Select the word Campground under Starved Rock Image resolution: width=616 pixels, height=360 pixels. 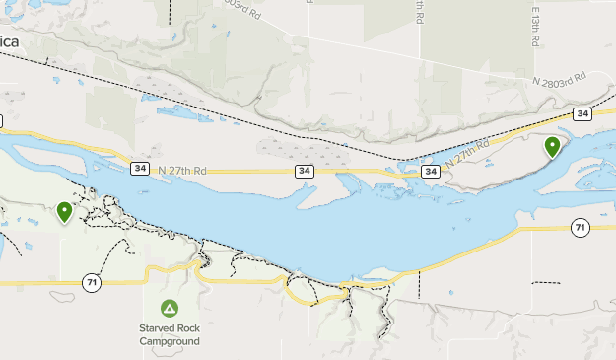click(169, 341)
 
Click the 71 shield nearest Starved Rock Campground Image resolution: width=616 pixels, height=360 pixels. click(92, 283)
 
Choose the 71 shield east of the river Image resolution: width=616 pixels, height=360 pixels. click(580, 229)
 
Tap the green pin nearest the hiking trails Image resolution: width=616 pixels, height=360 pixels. click(65, 211)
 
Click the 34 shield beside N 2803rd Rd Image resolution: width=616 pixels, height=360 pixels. click(582, 114)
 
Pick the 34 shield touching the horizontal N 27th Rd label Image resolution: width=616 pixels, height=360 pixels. click(139, 169)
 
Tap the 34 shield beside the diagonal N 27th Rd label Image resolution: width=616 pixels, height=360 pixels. click(430, 172)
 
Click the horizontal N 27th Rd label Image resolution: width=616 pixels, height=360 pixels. click(180, 170)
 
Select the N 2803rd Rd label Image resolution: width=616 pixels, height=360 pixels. click(558, 79)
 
